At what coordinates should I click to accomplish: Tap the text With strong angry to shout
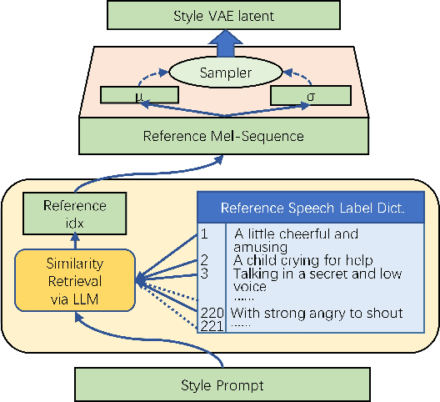point(317,313)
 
